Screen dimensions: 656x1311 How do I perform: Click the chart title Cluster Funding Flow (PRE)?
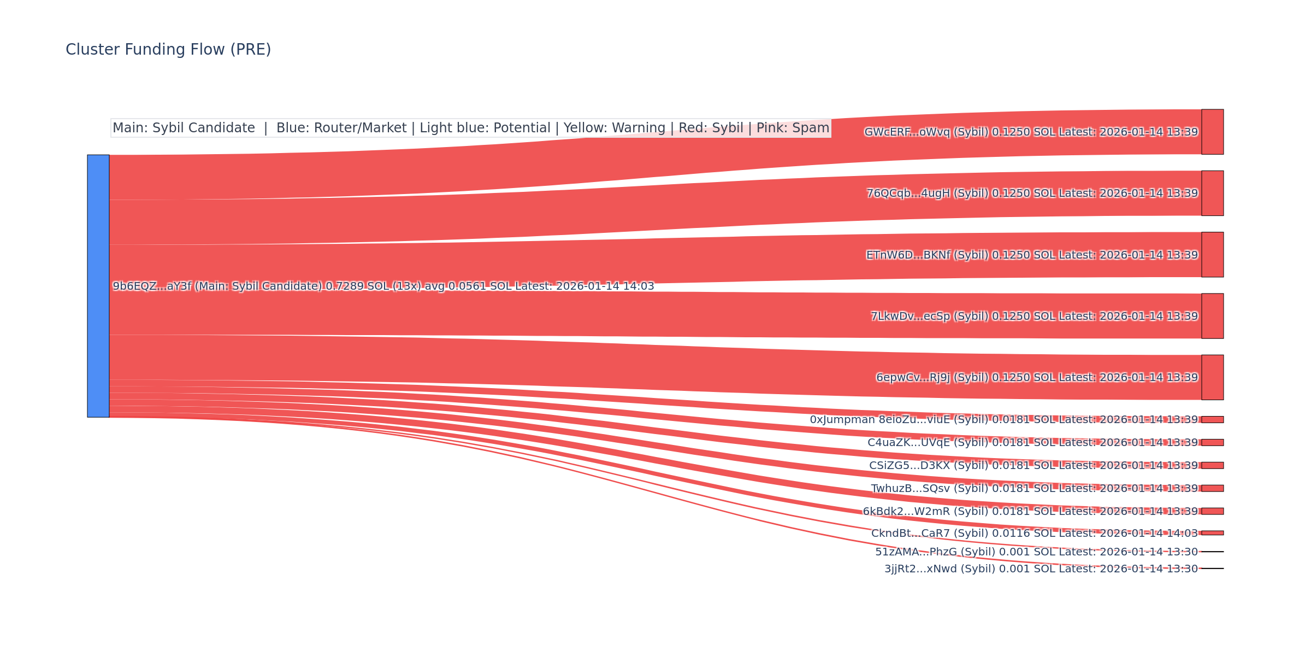pyautogui.click(x=168, y=50)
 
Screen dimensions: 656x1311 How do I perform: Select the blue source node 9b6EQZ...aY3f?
pyautogui.click(x=98, y=286)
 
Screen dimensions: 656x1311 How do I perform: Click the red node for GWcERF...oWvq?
pyautogui.click(x=1212, y=132)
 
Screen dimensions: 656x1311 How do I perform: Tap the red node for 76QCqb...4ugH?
pyautogui.click(x=1212, y=193)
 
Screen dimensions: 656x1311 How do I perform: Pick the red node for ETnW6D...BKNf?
pyautogui.click(x=1212, y=255)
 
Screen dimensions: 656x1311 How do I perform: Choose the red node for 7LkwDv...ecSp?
pyautogui.click(x=1212, y=316)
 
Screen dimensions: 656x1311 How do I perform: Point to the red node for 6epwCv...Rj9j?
pyautogui.click(x=1212, y=377)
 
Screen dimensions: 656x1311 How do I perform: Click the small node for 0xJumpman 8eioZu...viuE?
pyautogui.click(x=1212, y=419)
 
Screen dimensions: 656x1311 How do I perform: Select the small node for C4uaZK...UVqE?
pyautogui.click(x=1212, y=442)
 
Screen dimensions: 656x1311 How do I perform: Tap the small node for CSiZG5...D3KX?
pyautogui.click(x=1212, y=465)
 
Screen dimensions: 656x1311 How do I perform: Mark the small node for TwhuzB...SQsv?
pyautogui.click(x=1212, y=488)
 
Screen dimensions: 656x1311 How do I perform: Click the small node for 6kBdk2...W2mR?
pyautogui.click(x=1212, y=511)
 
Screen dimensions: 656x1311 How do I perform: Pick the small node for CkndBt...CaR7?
pyautogui.click(x=1212, y=533)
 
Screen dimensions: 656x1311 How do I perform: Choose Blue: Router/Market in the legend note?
pyautogui.click(x=341, y=128)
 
